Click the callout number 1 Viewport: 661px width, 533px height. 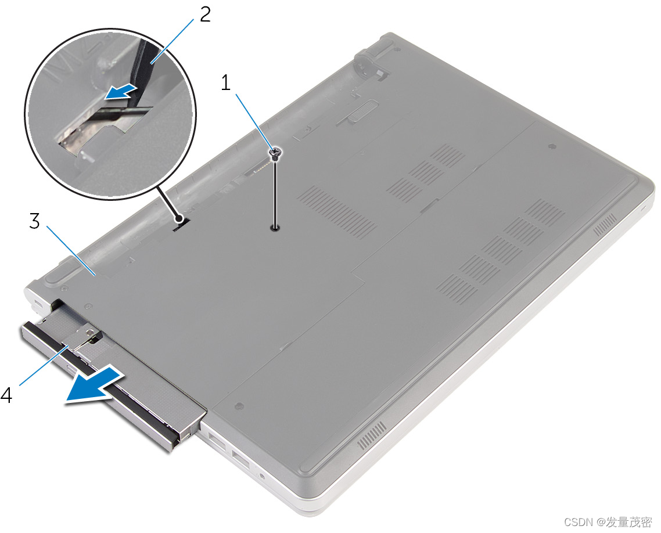pyautogui.click(x=227, y=82)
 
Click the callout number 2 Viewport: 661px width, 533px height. pyautogui.click(x=205, y=15)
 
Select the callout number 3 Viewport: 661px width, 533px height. pyautogui.click(x=35, y=221)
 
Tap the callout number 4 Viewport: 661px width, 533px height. pyautogui.click(x=6, y=395)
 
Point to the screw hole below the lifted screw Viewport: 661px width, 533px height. pyautogui.click(x=275, y=228)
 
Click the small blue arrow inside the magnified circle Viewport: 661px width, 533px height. pyautogui.click(x=121, y=92)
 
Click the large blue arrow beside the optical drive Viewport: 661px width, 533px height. pyautogui.click(x=95, y=386)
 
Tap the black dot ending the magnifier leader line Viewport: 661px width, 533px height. pyautogui.click(x=179, y=219)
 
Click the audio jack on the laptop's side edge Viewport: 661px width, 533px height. pyautogui.click(x=262, y=477)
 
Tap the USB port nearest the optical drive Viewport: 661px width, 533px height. pyautogui.click(x=217, y=442)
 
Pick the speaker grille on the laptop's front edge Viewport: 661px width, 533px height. pyautogui.click(x=372, y=435)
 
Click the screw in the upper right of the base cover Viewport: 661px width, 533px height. pyautogui.click(x=551, y=146)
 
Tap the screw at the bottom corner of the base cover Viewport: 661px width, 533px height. pyautogui.click(x=239, y=405)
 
